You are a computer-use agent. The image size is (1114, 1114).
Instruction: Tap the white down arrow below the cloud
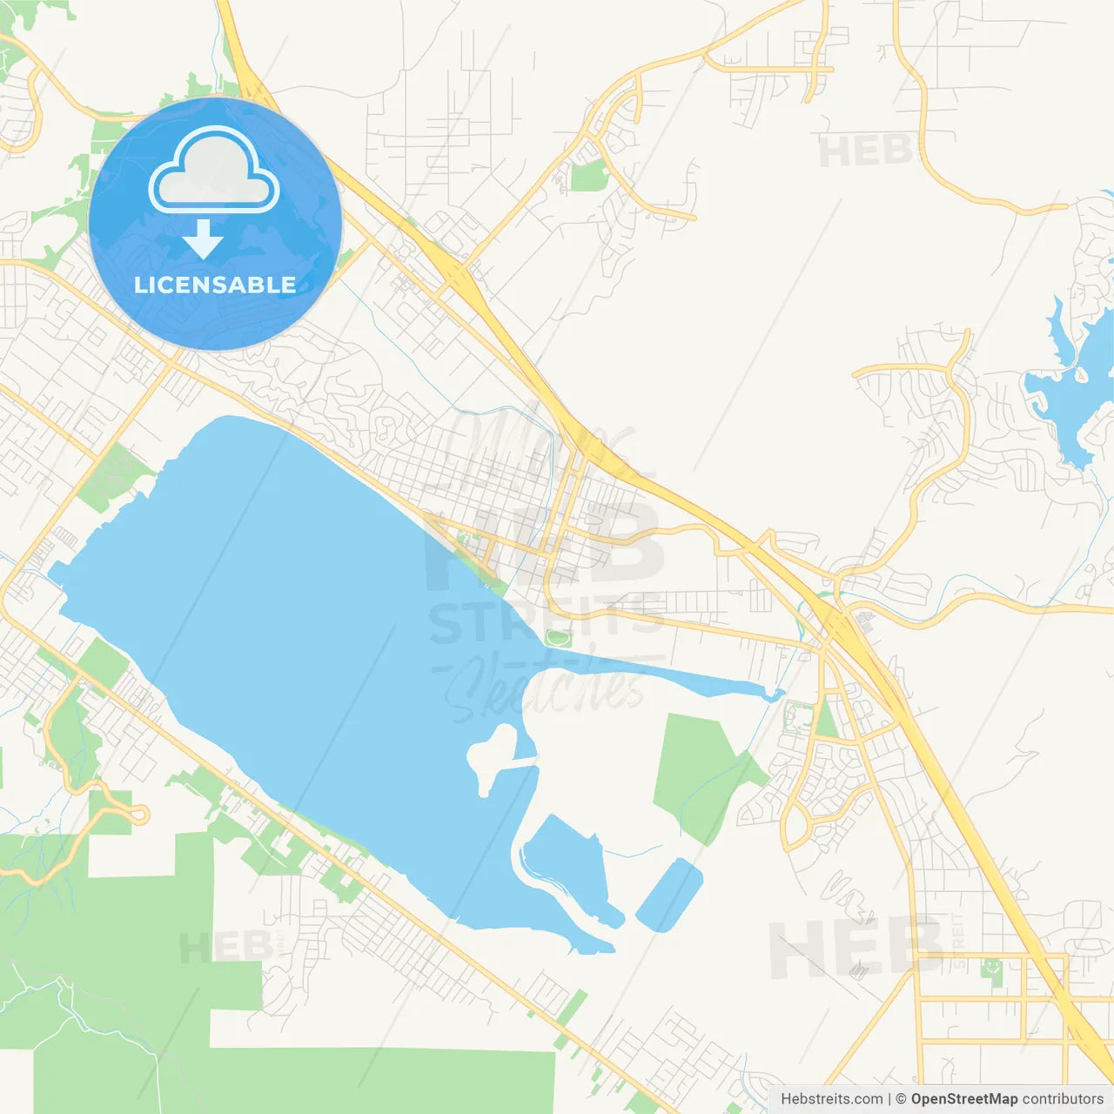point(203,239)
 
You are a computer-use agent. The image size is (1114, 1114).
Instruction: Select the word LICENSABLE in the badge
point(215,285)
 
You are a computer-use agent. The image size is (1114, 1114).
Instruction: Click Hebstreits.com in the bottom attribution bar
point(831,1099)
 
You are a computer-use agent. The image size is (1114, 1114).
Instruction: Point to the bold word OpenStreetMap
point(963,1099)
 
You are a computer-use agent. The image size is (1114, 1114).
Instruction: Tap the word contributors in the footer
point(1062,1099)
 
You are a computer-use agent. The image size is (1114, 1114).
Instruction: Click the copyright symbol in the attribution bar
point(901,1099)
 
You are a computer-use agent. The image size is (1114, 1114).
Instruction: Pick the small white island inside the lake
point(489,754)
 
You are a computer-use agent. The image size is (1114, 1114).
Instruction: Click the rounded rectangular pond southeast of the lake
point(669,895)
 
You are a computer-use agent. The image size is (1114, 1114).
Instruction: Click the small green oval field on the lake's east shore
point(557,638)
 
